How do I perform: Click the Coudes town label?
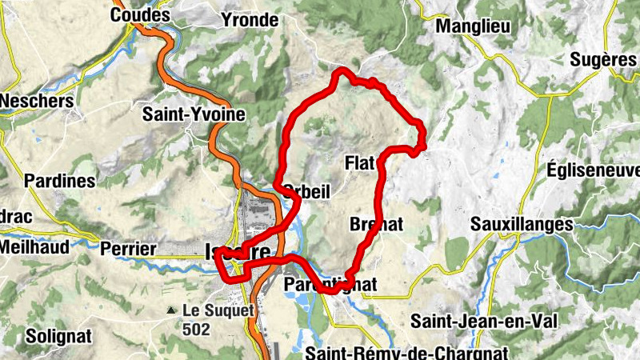click(x=141, y=15)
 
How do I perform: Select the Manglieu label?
click(x=473, y=25)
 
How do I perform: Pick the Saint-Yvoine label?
click(x=194, y=115)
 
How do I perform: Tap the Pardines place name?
click(x=60, y=181)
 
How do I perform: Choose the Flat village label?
click(x=360, y=163)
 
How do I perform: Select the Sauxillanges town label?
click(x=522, y=224)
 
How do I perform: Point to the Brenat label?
click(x=376, y=225)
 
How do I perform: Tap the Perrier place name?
click(x=129, y=250)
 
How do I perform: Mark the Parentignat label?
click(x=330, y=285)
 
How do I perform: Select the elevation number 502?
click(x=196, y=329)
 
